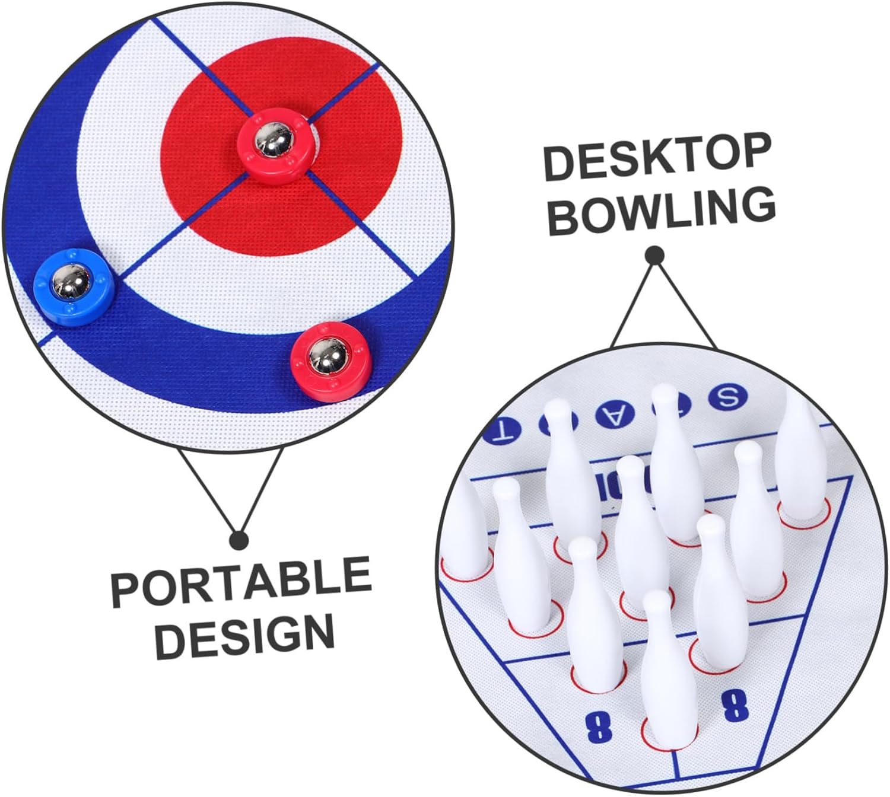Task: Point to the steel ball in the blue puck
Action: point(69,282)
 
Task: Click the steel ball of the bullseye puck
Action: point(273,141)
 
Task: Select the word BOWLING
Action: point(661,211)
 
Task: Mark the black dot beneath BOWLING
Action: point(655,255)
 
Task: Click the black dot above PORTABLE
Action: point(239,539)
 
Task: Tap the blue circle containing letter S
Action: point(728,397)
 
